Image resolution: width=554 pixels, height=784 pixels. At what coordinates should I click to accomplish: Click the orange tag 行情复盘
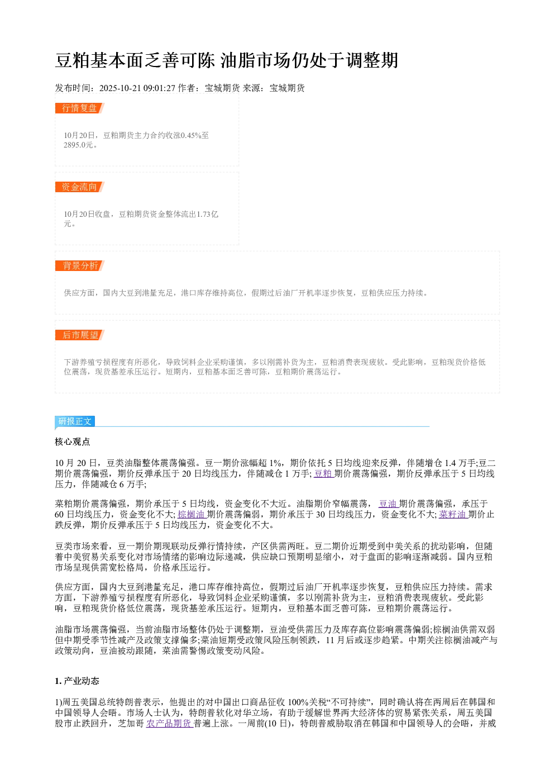[x=79, y=108]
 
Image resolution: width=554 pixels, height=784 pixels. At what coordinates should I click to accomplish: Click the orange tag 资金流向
[x=79, y=187]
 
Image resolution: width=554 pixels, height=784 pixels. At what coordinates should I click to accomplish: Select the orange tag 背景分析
[x=79, y=265]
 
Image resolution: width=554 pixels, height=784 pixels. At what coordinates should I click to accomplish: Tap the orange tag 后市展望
[x=79, y=335]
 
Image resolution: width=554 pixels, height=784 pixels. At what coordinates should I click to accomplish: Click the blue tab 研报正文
[x=75, y=421]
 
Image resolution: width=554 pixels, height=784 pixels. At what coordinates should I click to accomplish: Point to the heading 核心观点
[x=73, y=441]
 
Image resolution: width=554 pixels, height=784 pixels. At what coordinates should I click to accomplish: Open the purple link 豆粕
[x=323, y=474]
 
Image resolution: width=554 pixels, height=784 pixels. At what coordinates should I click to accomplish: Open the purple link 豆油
[x=388, y=504]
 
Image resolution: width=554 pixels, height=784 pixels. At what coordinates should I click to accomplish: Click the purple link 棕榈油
[x=192, y=515]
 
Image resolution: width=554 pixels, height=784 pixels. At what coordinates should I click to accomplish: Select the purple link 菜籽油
[x=453, y=515]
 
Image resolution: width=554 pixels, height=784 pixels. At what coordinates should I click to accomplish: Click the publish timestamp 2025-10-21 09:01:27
[x=137, y=88]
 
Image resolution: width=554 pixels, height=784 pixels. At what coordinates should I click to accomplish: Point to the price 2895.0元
[x=78, y=145]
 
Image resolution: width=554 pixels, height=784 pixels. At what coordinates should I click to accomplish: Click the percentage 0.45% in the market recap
[x=190, y=135]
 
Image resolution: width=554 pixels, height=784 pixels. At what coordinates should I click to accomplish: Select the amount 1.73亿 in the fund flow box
[x=207, y=214]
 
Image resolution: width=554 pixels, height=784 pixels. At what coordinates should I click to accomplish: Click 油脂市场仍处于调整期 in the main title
[x=309, y=60]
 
